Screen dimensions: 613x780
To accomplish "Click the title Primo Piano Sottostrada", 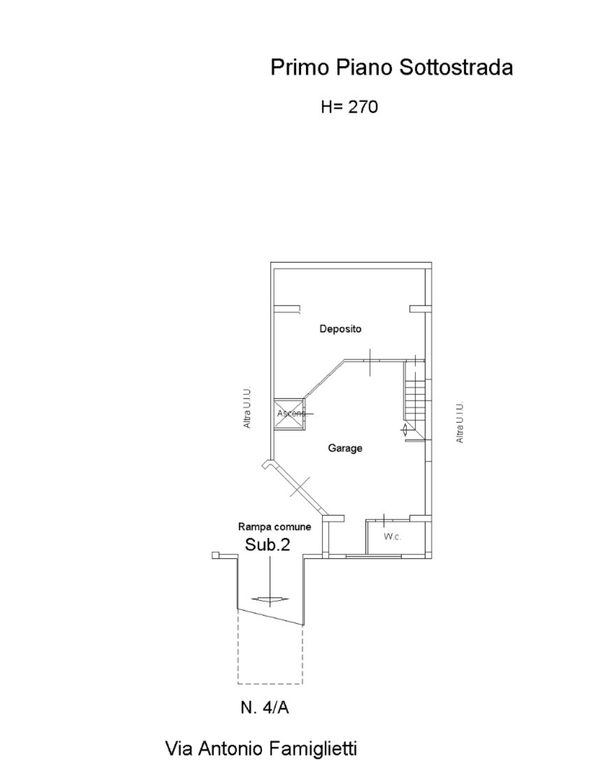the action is [x=391, y=67].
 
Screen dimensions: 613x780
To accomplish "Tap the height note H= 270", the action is [x=349, y=107].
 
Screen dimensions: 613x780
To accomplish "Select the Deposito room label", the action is [x=340, y=328].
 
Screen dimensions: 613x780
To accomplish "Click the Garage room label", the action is [x=345, y=448].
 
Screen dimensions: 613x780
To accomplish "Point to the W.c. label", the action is [x=393, y=537].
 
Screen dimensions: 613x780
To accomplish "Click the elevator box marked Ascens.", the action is [x=289, y=413].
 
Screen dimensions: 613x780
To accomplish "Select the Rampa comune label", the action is [x=275, y=526].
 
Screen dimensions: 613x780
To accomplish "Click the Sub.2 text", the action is [x=268, y=544].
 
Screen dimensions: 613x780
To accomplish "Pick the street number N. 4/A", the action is [x=265, y=707].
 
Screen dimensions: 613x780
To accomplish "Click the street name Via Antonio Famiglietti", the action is [x=261, y=748].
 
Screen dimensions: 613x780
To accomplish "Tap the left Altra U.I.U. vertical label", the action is [x=247, y=407].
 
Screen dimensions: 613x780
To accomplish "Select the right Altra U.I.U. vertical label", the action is [x=460, y=422].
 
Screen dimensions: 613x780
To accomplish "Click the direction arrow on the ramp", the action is [x=270, y=599].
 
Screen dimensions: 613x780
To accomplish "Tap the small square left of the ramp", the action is [x=215, y=555].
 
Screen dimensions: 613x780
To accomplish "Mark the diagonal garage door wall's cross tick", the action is [x=300, y=486].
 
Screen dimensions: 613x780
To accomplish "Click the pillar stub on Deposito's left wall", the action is [x=287, y=309].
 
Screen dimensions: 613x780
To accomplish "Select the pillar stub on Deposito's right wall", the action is [x=418, y=309].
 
